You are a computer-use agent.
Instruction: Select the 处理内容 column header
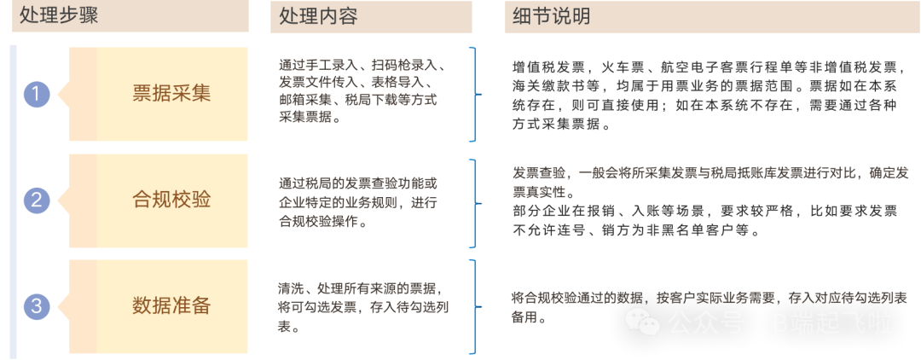[316, 15]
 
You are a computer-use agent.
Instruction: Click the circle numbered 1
[37, 94]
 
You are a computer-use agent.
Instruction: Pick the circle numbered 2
[37, 200]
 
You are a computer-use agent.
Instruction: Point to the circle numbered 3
[37, 306]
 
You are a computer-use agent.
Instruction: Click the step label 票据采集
[171, 93]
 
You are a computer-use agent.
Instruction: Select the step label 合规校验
[171, 200]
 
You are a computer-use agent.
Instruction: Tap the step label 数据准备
[171, 305]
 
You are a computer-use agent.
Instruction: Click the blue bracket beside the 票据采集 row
[472, 94]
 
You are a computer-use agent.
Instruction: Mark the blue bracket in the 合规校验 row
[472, 200]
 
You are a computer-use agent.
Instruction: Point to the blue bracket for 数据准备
[472, 305]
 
